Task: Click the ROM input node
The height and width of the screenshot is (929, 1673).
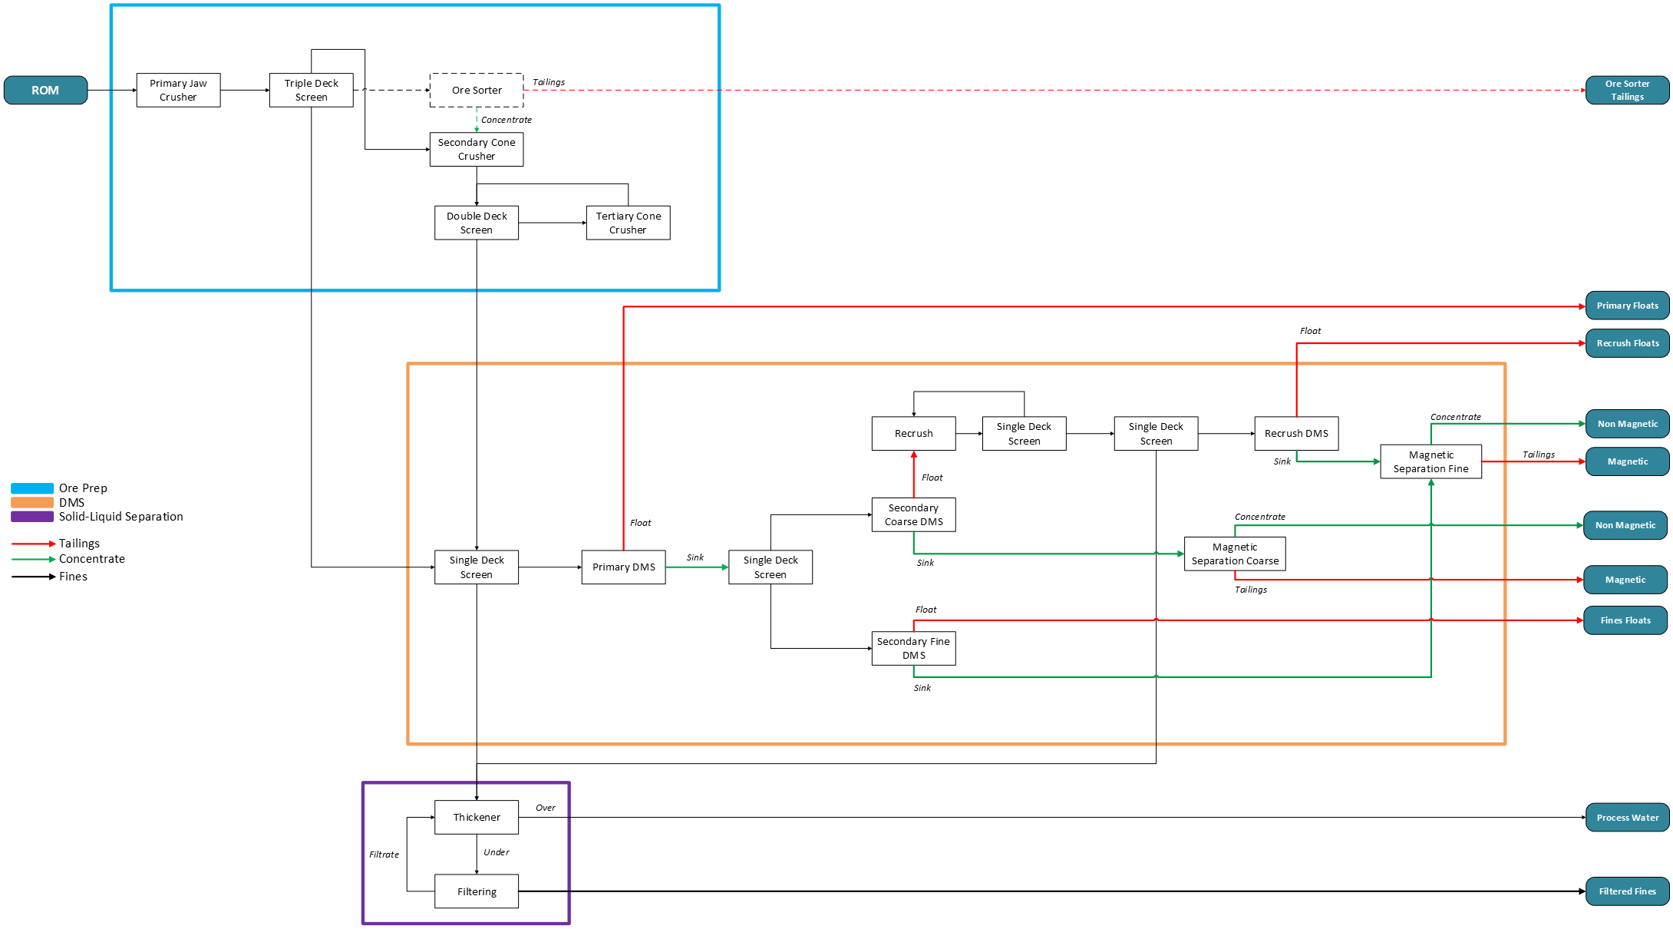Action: (45, 90)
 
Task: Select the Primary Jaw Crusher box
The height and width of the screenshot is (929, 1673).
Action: (178, 90)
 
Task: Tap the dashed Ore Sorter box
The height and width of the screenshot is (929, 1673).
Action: (477, 90)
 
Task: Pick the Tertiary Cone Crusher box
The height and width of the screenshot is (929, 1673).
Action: (628, 223)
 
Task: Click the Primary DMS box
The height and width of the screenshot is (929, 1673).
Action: (623, 567)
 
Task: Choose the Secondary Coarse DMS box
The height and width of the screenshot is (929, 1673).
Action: (913, 514)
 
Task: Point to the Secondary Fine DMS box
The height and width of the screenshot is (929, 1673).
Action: (913, 648)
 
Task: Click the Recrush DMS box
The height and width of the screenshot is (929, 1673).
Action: (1296, 434)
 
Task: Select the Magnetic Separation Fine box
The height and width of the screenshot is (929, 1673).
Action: (1430, 461)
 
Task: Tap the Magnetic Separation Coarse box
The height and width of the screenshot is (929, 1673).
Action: (1235, 554)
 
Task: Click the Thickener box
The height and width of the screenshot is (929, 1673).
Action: (477, 818)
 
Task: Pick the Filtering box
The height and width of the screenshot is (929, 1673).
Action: (477, 891)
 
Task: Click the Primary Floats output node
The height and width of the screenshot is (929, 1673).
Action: (1627, 306)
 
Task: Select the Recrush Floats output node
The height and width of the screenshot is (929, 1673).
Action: (1627, 343)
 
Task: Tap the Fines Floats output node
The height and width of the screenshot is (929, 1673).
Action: (1625, 620)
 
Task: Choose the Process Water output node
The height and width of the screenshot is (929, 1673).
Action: (1627, 818)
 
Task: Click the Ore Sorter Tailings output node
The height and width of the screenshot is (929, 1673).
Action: (1627, 90)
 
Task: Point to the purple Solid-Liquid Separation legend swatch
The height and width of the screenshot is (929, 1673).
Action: (32, 517)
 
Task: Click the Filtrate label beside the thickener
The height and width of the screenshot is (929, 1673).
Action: (384, 855)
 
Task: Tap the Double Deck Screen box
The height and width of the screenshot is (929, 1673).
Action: (477, 223)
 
